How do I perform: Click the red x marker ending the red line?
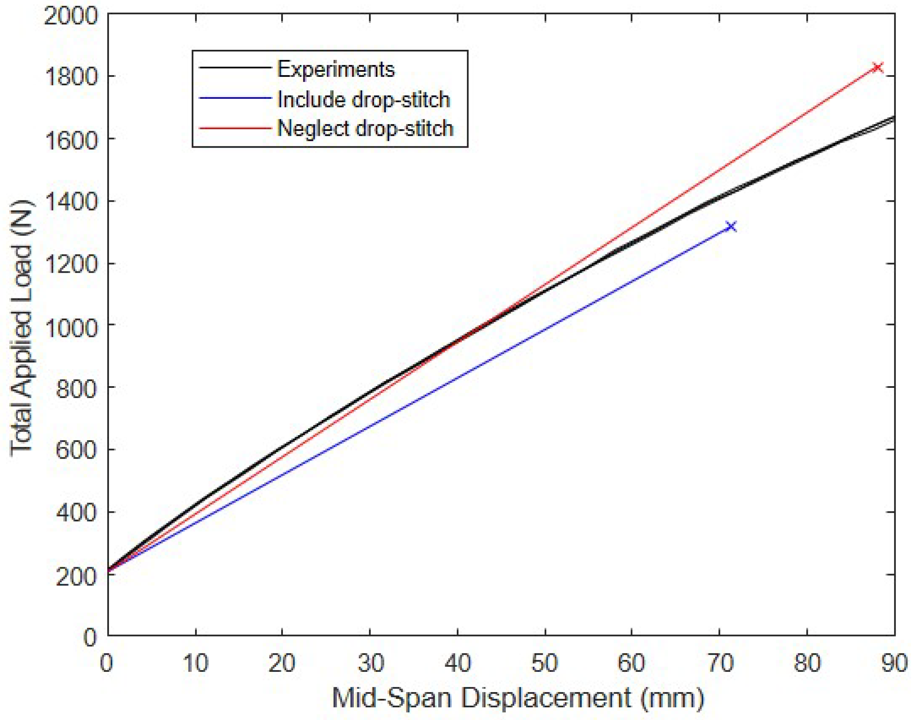tap(878, 67)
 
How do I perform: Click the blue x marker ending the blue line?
tap(731, 227)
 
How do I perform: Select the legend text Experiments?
tap(336, 69)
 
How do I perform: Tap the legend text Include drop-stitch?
tap(364, 100)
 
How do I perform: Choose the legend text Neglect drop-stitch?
tap(365, 128)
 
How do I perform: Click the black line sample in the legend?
tap(235, 68)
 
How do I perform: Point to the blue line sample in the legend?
tap(235, 98)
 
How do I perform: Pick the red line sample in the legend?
tap(235, 128)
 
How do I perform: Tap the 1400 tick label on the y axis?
tap(70, 201)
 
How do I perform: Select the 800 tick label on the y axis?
tap(76, 388)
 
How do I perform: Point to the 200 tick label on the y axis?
tap(76, 576)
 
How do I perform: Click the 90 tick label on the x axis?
tap(894, 663)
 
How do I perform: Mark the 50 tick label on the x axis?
tap(545, 663)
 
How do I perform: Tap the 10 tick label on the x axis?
tap(195, 663)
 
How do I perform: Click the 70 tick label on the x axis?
tap(720, 663)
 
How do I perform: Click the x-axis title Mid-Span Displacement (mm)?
tap(518, 697)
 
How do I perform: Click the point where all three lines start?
tap(109, 571)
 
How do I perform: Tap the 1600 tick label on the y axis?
tap(70, 140)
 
